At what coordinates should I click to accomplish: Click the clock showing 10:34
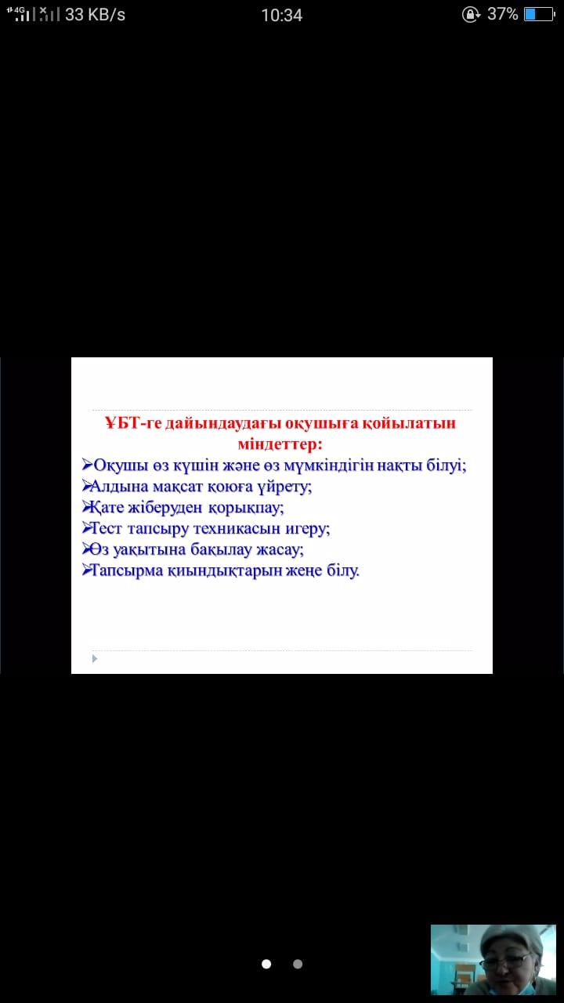click(281, 15)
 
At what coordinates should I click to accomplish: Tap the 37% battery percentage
click(502, 14)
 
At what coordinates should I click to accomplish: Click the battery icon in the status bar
click(540, 14)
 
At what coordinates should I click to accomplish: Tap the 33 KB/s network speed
click(95, 15)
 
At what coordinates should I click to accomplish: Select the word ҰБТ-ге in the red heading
click(133, 422)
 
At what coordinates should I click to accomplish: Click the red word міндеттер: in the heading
click(280, 444)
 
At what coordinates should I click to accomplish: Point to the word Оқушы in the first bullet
click(121, 465)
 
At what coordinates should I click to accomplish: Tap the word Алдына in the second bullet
click(119, 487)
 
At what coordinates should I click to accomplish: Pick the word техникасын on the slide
click(237, 529)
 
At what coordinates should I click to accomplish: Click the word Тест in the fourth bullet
click(107, 529)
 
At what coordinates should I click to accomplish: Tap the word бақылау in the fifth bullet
click(221, 550)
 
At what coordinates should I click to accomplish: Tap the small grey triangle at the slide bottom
click(95, 659)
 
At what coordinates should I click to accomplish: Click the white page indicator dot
click(266, 964)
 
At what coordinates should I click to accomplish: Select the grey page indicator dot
click(298, 964)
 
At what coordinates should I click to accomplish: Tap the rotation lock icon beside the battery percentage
click(471, 15)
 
